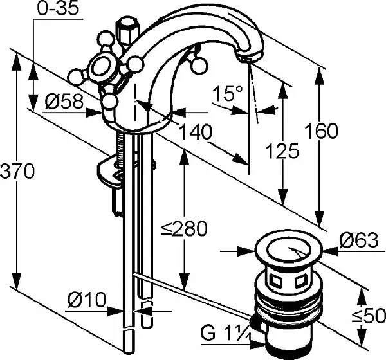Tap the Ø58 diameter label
64,101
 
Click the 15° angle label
228,94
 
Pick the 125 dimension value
284,152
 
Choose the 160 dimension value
322,131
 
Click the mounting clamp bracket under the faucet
113,175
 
